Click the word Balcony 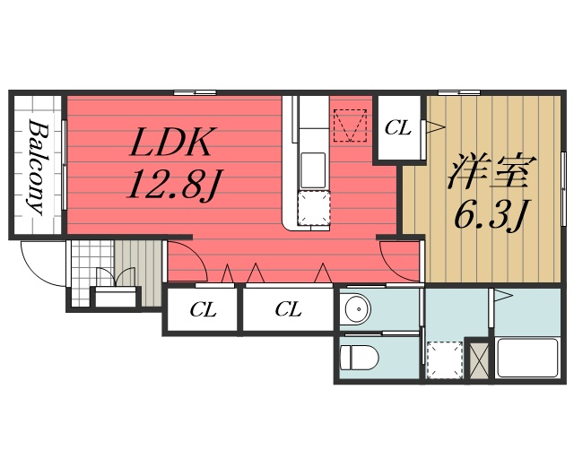(37, 167)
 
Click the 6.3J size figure (491, 215)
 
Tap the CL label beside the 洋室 (397, 128)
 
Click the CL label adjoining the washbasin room (287, 310)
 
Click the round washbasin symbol (357, 310)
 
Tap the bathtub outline (528, 356)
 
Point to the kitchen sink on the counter (312, 168)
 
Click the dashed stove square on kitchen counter (314, 208)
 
